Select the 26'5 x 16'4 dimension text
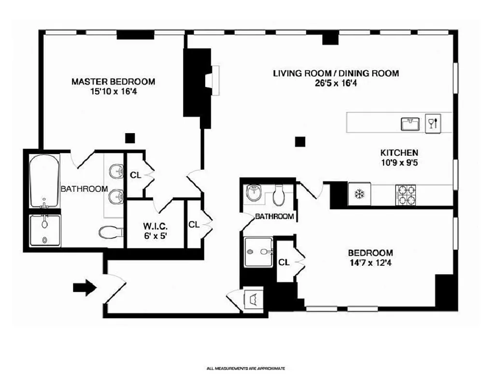click(x=336, y=83)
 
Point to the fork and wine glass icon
click(x=432, y=123)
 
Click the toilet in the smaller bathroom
click(x=279, y=196)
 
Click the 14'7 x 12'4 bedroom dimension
click(x=370, y=263)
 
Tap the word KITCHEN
click(x=398, y=152)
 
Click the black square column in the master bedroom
click(x=129, y=138)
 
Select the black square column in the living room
click(x=300, y=141)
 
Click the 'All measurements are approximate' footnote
click(x=246, y=368)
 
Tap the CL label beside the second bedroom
click(x=284, y=262)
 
